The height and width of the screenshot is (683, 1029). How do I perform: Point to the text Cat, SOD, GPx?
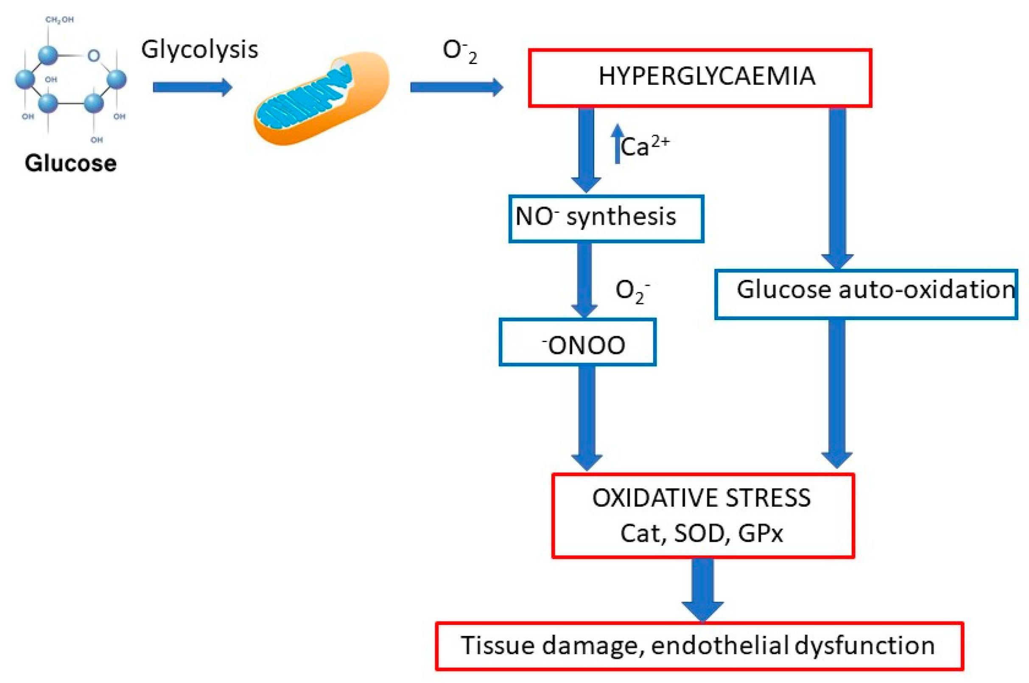(x=701, y=533)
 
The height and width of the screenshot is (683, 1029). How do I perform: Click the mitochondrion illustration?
(x=321, y=98)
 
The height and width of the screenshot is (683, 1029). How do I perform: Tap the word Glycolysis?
(x=200, y=50)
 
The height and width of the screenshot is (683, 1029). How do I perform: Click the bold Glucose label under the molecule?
(x=70, y=163)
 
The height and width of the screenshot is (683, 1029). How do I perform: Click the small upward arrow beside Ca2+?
(x=617, y=144)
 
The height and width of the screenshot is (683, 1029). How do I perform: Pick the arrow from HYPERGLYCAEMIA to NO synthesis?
(x=586, y=150)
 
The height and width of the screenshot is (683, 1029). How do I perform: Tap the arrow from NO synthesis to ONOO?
(x=584, y=280)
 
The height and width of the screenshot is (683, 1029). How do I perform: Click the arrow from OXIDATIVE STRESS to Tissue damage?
(x=702, y=590)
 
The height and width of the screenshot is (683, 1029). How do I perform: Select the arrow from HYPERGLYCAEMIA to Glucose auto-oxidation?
(x=837, y=188)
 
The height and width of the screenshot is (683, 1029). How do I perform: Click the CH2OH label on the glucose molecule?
(x=60, y=20)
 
